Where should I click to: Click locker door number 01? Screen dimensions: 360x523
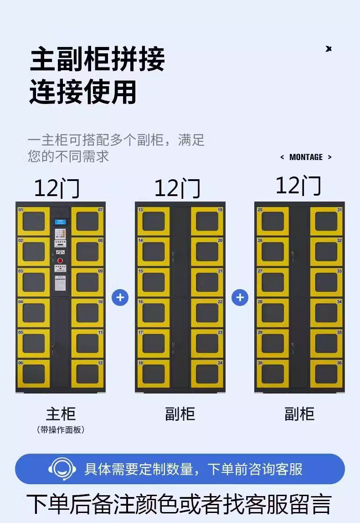[33, 221]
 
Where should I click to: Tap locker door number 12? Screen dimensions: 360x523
[87, 374]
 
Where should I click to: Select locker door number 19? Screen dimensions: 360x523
[207, 221]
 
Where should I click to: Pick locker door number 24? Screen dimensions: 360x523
[207, 374]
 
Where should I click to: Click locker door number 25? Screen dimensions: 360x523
[273, 221]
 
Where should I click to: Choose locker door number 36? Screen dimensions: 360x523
[326, 374]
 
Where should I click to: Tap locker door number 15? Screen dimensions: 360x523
[153, 282]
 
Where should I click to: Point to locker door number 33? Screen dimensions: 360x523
[326, 282]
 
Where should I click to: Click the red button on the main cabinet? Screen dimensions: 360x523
[60, 261]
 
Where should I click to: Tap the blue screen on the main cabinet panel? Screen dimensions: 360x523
[60, 222]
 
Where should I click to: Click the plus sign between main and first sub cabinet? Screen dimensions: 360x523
[120, 298]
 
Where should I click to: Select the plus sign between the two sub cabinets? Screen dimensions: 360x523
[240, 298]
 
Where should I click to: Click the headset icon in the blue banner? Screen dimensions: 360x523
[62, 468]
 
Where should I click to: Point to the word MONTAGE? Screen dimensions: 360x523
[306, 157]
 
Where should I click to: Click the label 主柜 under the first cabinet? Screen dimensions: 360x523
[61, 414]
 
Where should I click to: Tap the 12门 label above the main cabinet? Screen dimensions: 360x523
[57, 188]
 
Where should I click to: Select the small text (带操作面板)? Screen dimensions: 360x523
[61, 430]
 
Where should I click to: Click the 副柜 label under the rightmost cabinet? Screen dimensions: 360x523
[299, 414]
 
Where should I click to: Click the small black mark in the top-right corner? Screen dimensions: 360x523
[329, 49]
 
